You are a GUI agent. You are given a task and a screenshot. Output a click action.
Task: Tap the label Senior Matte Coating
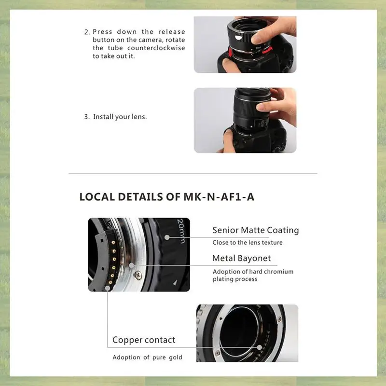[255, 230]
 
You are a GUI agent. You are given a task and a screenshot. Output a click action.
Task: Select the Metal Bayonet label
[241, 258]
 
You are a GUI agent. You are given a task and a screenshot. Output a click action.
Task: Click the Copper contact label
[144, 340]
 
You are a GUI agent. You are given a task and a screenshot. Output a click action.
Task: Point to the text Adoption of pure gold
[147, 358]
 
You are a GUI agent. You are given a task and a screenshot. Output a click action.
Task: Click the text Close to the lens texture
[248, 242]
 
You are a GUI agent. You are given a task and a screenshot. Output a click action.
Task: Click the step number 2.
[86, 32]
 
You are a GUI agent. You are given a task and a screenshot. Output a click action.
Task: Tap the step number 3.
[86, 117]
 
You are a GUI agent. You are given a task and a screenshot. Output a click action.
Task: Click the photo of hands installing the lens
[245, 120]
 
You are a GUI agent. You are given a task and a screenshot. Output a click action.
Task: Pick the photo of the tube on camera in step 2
[245, 44]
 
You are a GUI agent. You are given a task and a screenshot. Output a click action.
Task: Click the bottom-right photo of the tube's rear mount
[247, 333]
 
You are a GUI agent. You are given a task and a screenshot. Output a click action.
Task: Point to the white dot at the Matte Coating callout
[166, 236]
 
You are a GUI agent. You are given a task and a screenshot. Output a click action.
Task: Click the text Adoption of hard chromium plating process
[253, 275]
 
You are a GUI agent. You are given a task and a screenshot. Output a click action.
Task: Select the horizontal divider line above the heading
[193, 173]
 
